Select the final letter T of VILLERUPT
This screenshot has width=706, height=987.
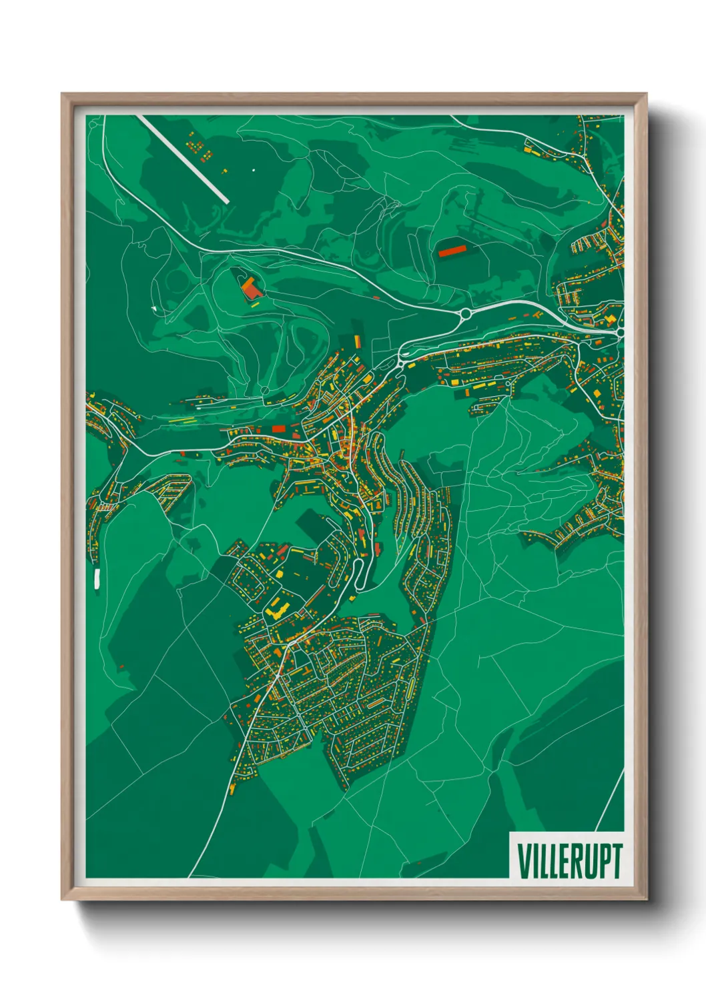click(x=617, y=860)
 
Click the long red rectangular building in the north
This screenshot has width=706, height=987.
click(x=452, y=251)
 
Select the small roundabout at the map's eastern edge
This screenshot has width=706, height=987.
click(x=620, y=331)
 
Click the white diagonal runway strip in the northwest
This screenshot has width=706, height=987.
click(x=184, y=159)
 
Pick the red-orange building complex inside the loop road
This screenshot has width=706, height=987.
click(x=250, y=289)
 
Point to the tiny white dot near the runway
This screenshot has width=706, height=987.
click(x=254, y=170)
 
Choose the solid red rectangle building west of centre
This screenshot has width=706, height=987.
click(x=278, y=427)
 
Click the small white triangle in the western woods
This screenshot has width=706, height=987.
click(x=153, y=309)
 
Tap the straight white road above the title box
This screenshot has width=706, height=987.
click(x=609, y=800)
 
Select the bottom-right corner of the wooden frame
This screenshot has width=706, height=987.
click(x=646, y=899)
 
